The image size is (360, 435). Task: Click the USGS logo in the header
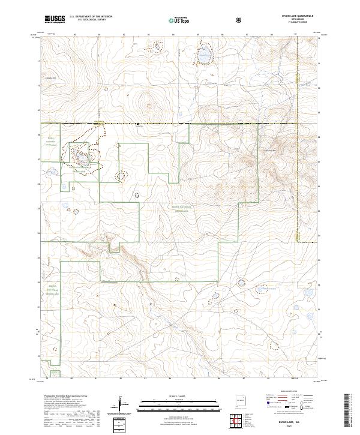coord(55,19)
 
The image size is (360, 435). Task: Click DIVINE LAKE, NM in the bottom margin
coord(298,422)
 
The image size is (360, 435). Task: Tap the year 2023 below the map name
coord(298,427)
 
